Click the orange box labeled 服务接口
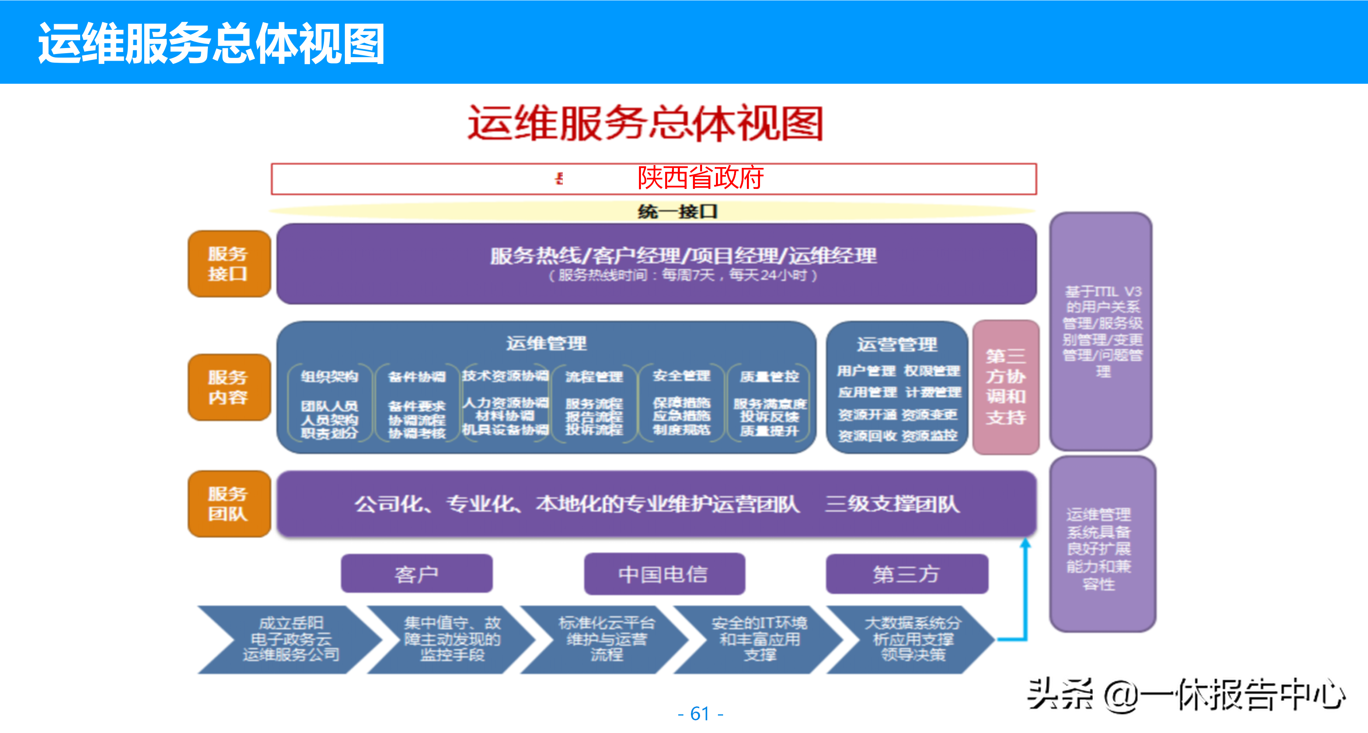[229, 264]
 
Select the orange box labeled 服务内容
[229, 387]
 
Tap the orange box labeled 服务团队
[229, 504]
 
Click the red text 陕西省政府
[700, 178]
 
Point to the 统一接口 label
[677, 212]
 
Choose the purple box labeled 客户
[416, 573]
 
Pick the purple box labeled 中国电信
[664, 573]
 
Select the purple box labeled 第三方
[906, 573]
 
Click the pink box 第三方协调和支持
[1005, 387]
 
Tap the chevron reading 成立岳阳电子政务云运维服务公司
[291, 639]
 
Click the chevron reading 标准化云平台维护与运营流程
[606, 639]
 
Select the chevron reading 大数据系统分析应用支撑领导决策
[912, 639]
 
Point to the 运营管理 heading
[897, 344]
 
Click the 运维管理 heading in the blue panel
[546, 343]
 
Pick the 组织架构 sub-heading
[329, 377]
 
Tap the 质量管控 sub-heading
[770, 377]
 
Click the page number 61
[700, 713]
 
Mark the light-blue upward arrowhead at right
[1026, 543]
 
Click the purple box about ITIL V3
[1101, 331]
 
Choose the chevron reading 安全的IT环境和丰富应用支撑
[760, 639]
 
